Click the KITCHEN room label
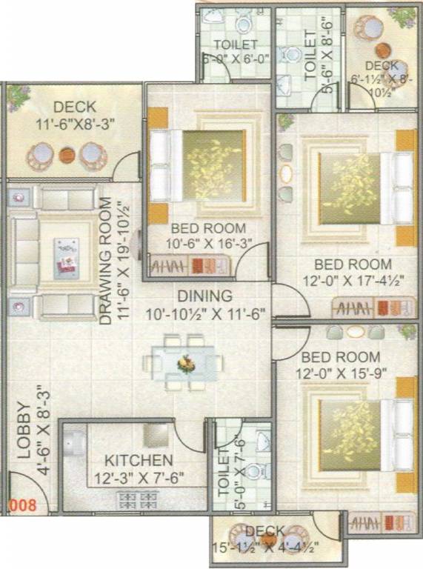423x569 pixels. [x=139, y=460]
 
